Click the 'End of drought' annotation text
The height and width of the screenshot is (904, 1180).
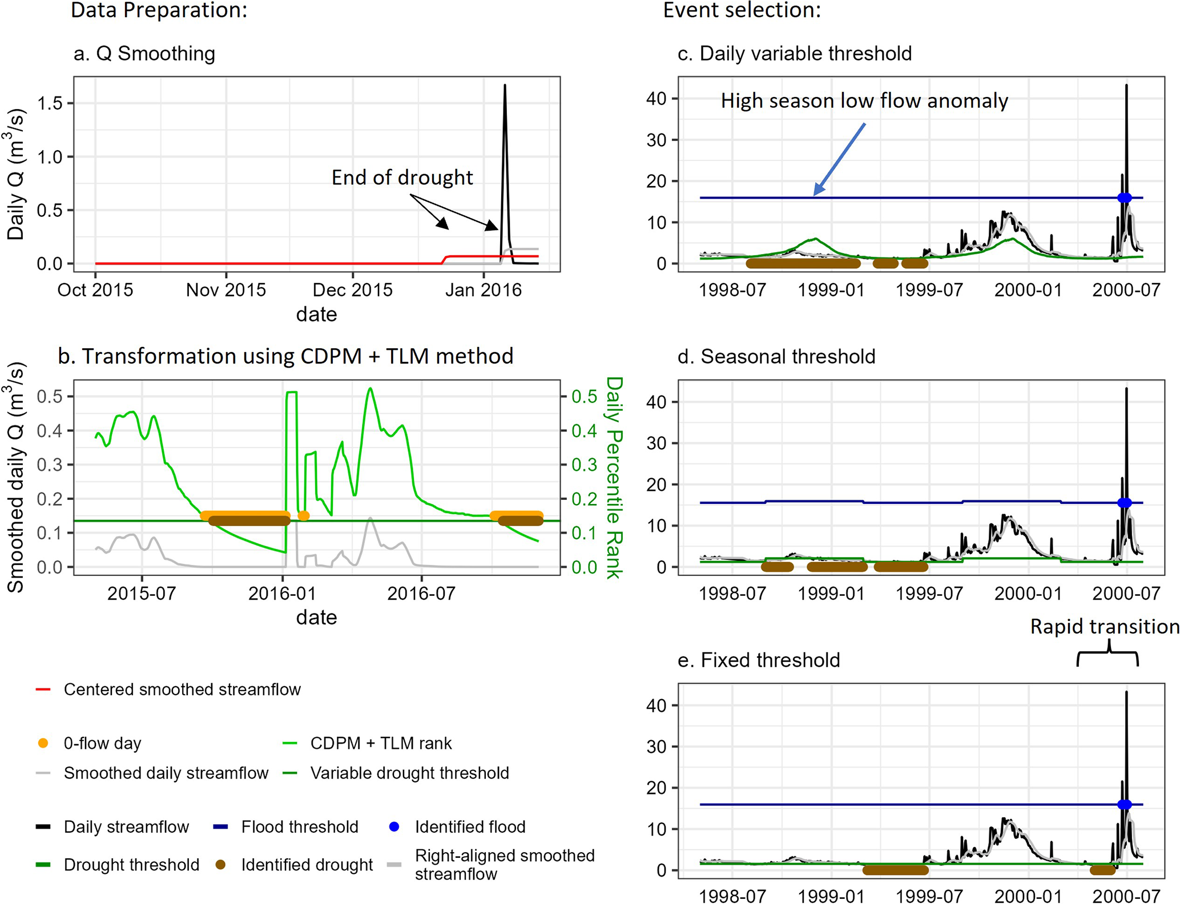pyautogui.click(x=402, y=178)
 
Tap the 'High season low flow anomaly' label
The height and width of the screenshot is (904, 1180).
pyautogui.click(x=864, y=101)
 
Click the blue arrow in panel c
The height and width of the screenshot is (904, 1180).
pyautogui.click(x=839, y=159)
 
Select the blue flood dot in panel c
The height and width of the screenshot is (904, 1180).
pyautogui.click(x=1124, y=198)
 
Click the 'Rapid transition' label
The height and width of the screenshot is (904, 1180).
pyautogui.click(x=1104, y=627)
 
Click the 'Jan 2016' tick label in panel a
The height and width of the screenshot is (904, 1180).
pyautogui.click(x=483, y=290)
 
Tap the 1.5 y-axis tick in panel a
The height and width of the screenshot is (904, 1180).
pyautogui.click(x=50, y=103)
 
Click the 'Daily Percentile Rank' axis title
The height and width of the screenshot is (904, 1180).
pyautogui.click(x=614, y=477)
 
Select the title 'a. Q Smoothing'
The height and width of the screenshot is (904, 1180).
pyautogui.click(x=144, y=54)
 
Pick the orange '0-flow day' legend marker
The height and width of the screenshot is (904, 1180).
pyautogui.click(x=43, y=743)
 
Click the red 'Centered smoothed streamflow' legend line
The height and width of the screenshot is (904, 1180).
pyautogui.click(x=43, y=689)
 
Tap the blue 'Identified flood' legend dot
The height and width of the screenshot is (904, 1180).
pyautogui.click(x=394, y=826)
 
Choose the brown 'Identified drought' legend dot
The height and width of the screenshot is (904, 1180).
pyautogui.click(x=220, y=865)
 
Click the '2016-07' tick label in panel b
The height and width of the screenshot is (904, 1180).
pyautogui.click(x=421, y=594)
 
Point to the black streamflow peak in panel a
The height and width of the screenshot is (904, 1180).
pyautogui.click(x=505, y=87)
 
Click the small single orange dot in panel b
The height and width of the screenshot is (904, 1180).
pyautogui.click(x=304, y=516)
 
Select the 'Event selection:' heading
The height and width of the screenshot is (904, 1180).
pyautogui.click(x=742, y=10)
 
